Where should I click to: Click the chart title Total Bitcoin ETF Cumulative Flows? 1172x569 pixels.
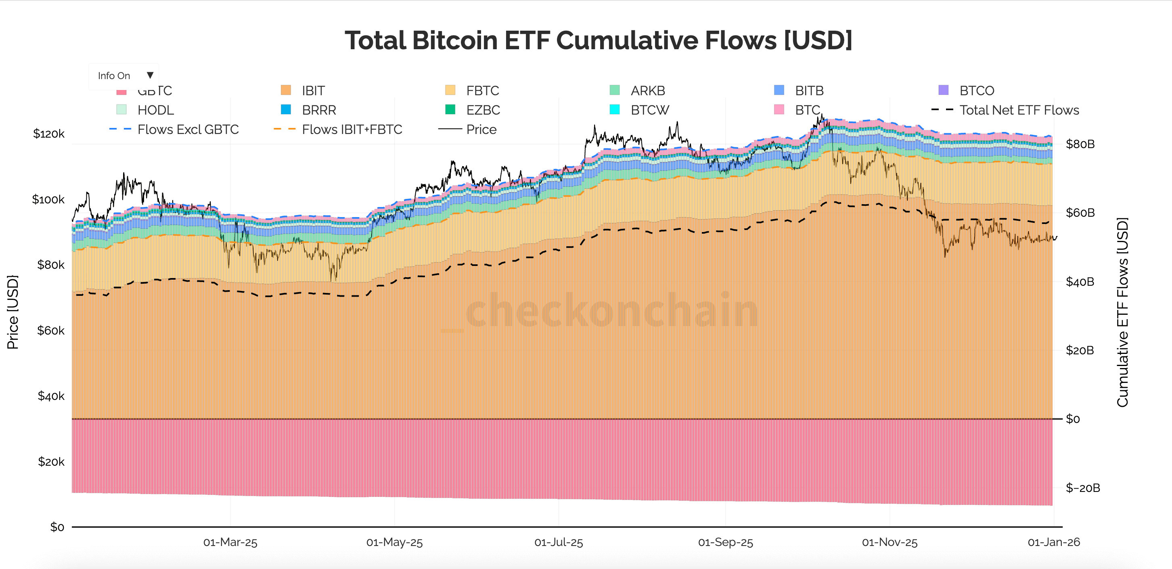click(598, 40)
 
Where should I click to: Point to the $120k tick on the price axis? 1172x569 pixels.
click(49, 134)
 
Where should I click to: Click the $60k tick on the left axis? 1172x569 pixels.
click(51, 330)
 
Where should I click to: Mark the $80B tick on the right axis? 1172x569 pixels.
click(1080, 144)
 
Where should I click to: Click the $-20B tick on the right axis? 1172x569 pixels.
click(1082, 488)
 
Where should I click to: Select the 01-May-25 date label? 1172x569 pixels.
click(394, 542)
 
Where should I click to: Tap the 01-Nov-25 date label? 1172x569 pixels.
click(889, 542)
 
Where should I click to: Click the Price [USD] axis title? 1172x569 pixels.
click(13, 312)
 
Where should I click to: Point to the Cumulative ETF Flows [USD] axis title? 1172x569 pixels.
click(1122, 312)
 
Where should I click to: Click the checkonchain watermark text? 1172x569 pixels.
click(612, 311)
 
